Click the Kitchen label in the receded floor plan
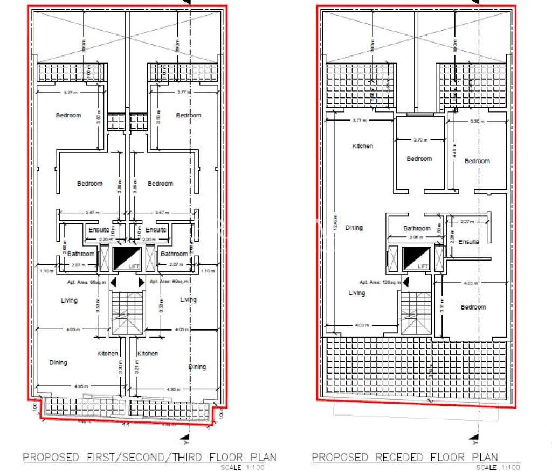click(x=362, y=146)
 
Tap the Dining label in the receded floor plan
click(x=354, y=228)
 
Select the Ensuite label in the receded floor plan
click(x=468, y=242)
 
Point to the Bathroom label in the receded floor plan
click(x=417, y=228)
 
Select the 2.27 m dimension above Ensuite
click(x=467, y=221)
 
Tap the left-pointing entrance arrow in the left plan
click(x=113, y=283)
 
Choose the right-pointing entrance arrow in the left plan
click(x=141, y=283)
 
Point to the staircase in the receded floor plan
click(x=416, y=313)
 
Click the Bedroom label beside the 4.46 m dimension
click(x=477, y=161)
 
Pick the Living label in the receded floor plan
click(x=356, y=293)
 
